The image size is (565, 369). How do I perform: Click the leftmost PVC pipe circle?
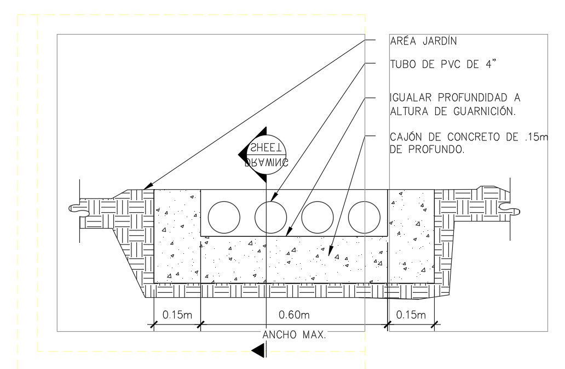coord(223,217)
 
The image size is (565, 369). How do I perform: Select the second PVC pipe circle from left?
coord(270,217)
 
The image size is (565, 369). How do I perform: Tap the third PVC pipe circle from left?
coord(317,217)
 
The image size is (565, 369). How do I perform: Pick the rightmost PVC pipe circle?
coord(364,217)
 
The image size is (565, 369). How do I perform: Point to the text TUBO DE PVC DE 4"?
coord(446,64)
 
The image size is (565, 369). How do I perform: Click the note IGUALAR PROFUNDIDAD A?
coord(455,98)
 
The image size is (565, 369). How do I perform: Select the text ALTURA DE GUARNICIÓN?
coord(453,111)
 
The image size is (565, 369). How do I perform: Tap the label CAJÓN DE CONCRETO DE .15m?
coord(469,137)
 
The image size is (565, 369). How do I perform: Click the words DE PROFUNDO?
coord(428,149)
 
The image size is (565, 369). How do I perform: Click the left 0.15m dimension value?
coord(176,315)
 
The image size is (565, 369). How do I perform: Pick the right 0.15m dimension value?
coord(411,315)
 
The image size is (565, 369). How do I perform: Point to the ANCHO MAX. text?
coord(294,334)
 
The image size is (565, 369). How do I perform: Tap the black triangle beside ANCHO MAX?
coord(259,350)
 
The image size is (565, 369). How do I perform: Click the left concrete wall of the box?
coord(177,236)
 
